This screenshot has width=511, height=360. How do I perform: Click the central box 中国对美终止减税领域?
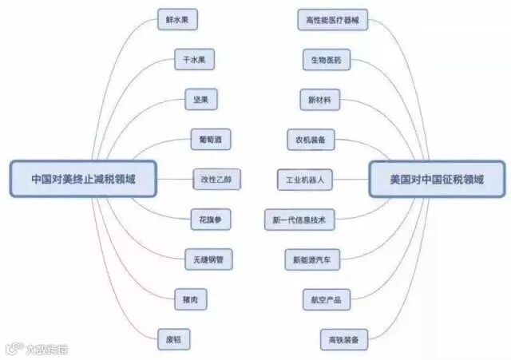pos(82,179)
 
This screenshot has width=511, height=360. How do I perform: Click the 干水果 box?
pos(196,60)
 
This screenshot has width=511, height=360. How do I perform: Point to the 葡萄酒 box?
pos(211,140)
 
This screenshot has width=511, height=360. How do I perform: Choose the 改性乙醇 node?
pos(216,180)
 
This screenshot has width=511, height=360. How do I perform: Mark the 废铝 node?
pos(174,339)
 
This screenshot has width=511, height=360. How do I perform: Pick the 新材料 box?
pos(319,100)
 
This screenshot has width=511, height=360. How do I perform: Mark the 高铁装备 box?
pos(343,339)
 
